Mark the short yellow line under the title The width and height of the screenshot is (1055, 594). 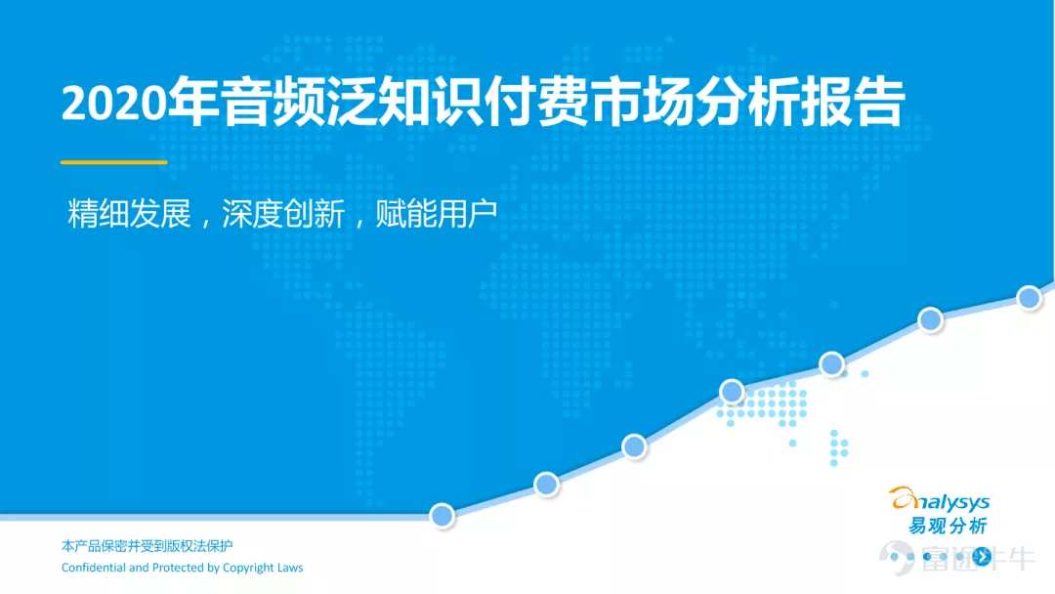(113, 162)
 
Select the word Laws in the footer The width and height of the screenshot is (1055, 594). (290, 568)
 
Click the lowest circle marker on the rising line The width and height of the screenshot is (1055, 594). (443, 515)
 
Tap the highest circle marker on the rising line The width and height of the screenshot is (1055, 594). (1029, 298)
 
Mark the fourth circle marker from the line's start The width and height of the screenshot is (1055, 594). (732, 391)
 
